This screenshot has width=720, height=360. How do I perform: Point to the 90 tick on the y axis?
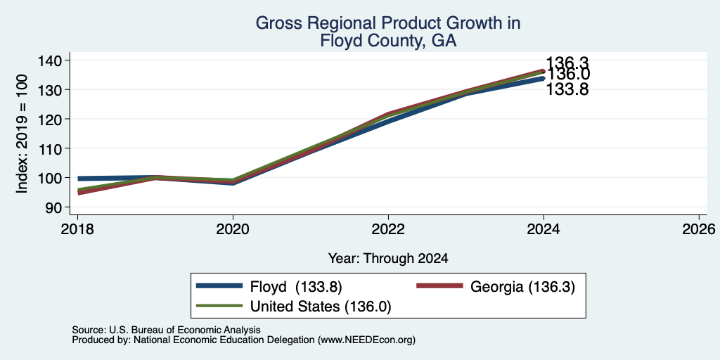click(60, 207)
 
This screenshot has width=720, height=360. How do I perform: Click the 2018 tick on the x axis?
click(77, 229)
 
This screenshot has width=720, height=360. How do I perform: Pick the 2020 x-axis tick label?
click(233, 229)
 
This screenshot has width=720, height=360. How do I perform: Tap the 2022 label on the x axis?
click(388, 229)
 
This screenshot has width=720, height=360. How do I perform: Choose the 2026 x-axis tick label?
click(699, 229)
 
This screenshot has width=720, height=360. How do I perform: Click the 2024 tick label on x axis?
click(544, 229)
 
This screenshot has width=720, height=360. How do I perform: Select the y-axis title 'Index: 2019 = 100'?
click(22, 134)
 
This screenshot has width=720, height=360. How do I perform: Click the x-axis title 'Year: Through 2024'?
click(388, 259)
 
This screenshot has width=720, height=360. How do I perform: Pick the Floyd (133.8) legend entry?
click(269, 287)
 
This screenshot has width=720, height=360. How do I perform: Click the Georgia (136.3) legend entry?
click(496, 287)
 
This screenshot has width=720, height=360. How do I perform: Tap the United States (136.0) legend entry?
click(294, 306)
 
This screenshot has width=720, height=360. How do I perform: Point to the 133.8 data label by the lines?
click(567, 89)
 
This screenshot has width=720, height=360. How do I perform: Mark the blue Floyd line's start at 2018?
click(78, 179)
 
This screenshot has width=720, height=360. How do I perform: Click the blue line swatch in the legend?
click(219, 286)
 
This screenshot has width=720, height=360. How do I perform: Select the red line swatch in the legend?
click(439, 286)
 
